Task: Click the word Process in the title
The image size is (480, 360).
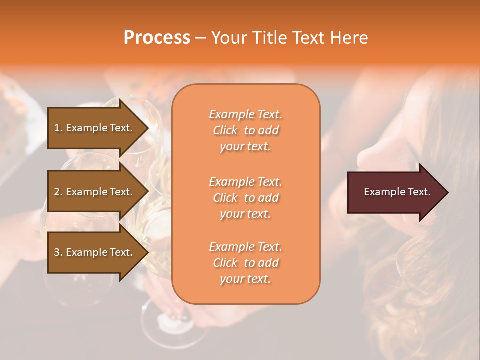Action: [157, 38]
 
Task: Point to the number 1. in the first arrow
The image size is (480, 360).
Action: [58, 128]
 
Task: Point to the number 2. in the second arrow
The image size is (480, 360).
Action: [58, 192]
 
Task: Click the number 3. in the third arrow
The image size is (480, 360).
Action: [58, 252]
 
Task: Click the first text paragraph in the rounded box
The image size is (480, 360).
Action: [245, 130]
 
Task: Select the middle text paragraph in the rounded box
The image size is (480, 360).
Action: [245, 198]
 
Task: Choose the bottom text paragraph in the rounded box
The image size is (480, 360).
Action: [245, 263]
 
